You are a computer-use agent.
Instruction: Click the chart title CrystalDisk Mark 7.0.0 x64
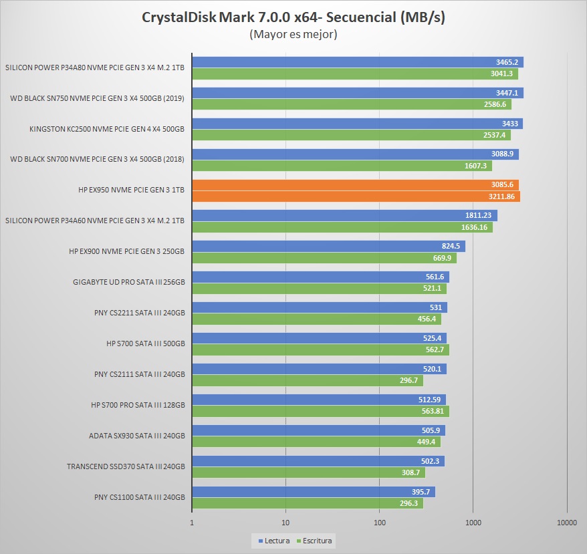pos(293,17)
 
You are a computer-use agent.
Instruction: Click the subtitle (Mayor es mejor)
pos(293,34)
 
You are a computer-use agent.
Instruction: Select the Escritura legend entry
pos(316,541)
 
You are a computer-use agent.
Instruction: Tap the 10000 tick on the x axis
pos(566,523)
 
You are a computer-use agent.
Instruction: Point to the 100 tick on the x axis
pos(379,523)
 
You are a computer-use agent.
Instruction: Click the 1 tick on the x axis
pos(193,523)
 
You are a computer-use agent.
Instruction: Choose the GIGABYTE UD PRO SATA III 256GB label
pos(128,282)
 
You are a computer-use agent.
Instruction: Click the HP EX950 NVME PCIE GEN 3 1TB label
pos(131,190)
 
